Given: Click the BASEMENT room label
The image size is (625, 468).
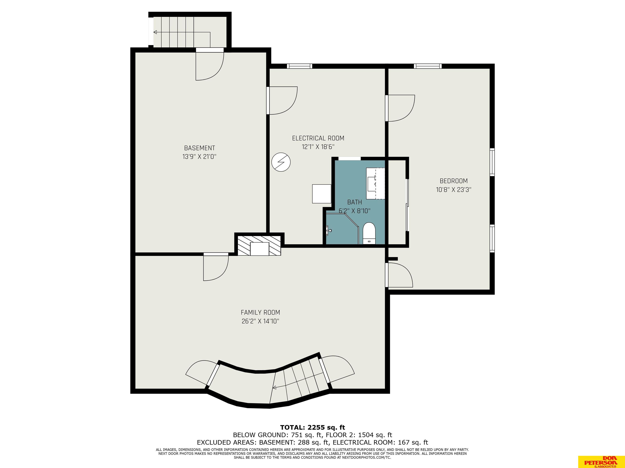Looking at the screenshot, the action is [x=199, y=148].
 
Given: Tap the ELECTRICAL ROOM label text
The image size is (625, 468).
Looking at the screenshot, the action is [x=318, y=138].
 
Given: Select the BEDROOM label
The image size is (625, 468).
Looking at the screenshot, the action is [x=453, y=181].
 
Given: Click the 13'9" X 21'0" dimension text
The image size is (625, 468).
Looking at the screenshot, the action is [x=199, y=157].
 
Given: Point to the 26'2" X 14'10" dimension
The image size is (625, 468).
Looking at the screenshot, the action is [x=260, y=321].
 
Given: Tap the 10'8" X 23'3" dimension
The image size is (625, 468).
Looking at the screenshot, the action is [x=453, y=190].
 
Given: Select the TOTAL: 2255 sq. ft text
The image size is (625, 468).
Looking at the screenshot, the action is [x=312, y=427].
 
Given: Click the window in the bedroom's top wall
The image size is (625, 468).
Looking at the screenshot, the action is [x=427, y=66].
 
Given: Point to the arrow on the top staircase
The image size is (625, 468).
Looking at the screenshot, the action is [x=182, y=32].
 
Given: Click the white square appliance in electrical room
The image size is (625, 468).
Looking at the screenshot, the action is [x=321, y=194].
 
